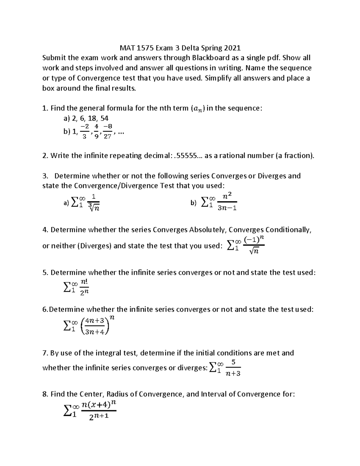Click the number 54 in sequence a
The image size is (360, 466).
pos(104,119)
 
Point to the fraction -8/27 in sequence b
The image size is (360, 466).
pos(107,131)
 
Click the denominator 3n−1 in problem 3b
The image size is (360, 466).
pos(227,208)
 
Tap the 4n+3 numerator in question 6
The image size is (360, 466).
pos(94,320)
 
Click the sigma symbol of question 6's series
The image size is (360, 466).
pos(68,326)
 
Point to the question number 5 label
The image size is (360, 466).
pos(45,273)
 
